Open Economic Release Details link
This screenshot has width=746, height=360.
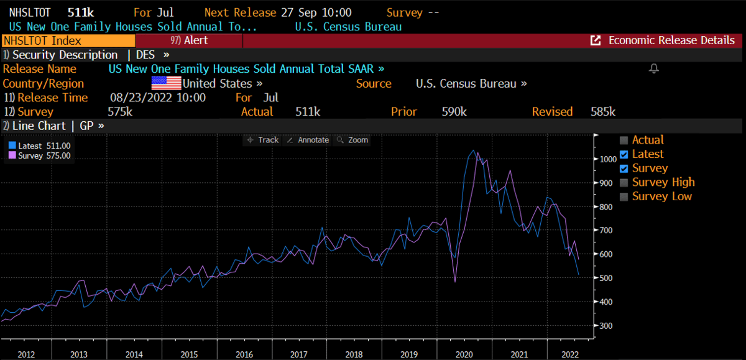(x=663, y=40)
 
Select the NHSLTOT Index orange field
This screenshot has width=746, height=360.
(x=68, y=40)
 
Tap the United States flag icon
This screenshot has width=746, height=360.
(x=167, y=83)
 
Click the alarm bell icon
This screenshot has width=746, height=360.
(x=653, y=68)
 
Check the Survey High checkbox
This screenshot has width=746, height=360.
(x=625, y=182)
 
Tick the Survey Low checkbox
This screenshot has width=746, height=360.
(x=625, y=196)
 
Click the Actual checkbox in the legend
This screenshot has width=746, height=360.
(x=625, y=140)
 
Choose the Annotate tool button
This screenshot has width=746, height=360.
(x=307, y=140)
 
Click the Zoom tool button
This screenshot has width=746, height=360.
(x=352, y=140)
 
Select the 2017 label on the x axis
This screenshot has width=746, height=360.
(x=300, y=353)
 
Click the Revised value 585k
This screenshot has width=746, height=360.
(x=603, y=112)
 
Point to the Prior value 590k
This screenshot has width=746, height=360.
(x=454, y=112)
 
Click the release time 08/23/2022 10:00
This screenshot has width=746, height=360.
(x=158, y=98)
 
